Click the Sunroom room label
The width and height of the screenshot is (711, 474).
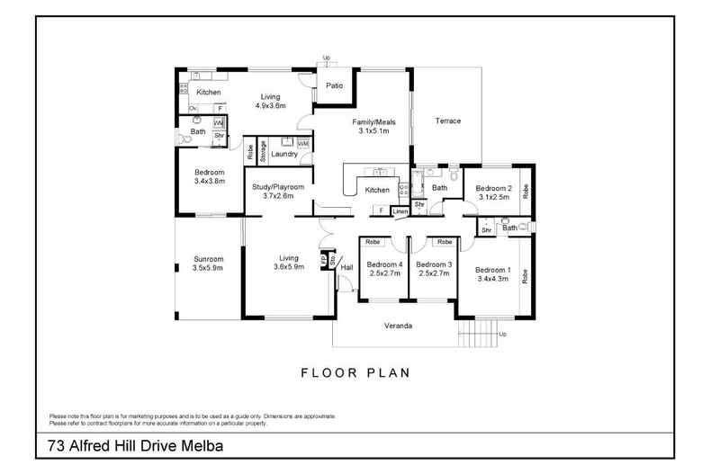[208, 259]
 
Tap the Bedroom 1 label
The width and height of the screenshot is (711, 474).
[492, 270]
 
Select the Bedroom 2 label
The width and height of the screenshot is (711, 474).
[494, 188]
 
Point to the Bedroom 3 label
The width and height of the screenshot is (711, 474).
[433, 264]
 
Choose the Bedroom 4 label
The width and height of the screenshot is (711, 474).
[384, 264]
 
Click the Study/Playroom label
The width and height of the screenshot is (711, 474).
[276, 186]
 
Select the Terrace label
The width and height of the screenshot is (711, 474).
[447, 121]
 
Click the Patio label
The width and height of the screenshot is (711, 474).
[335, 85]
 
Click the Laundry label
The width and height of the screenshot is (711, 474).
[284, 155]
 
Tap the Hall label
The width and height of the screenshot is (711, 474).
[346, 266]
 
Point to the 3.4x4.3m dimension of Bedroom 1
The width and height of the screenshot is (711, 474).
[492, 279]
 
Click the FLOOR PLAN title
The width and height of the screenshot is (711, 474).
[355, 370]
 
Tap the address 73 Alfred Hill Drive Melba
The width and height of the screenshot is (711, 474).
[135, 445]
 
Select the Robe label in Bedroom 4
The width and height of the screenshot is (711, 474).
[373, 242]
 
